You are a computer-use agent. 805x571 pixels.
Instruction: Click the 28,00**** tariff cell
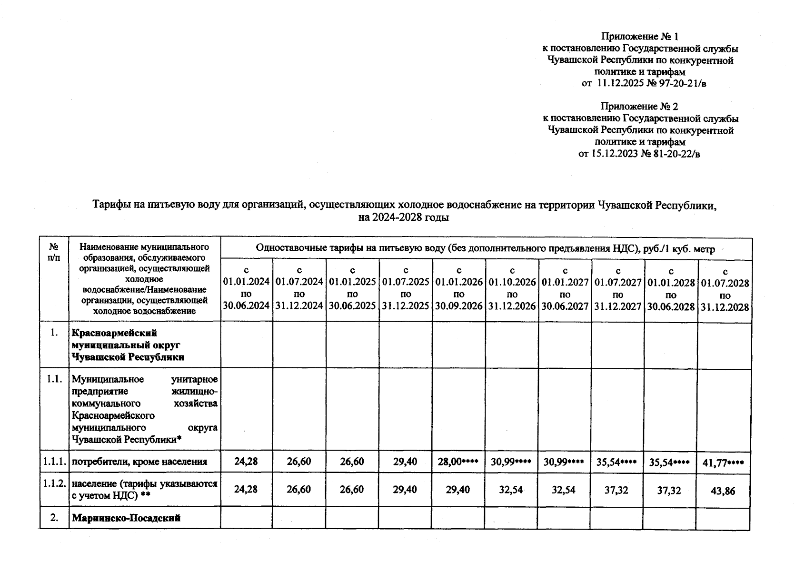pos(458,462)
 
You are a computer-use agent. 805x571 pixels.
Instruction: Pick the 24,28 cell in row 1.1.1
pos(246,462)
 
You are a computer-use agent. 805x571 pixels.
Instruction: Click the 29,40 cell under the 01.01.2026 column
pos(458,490)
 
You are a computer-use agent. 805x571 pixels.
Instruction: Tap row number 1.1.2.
pos(54,484)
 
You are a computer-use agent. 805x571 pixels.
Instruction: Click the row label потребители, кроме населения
pos(139,462)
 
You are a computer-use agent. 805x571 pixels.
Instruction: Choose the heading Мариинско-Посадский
pos(126,519)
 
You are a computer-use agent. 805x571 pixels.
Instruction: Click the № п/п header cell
pos(54,252)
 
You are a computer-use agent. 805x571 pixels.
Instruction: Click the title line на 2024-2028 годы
pos(404,218)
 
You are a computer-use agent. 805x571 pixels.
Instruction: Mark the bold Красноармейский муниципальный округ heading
pos(128,345)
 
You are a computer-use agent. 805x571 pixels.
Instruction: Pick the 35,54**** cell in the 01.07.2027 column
pos(617,462)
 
